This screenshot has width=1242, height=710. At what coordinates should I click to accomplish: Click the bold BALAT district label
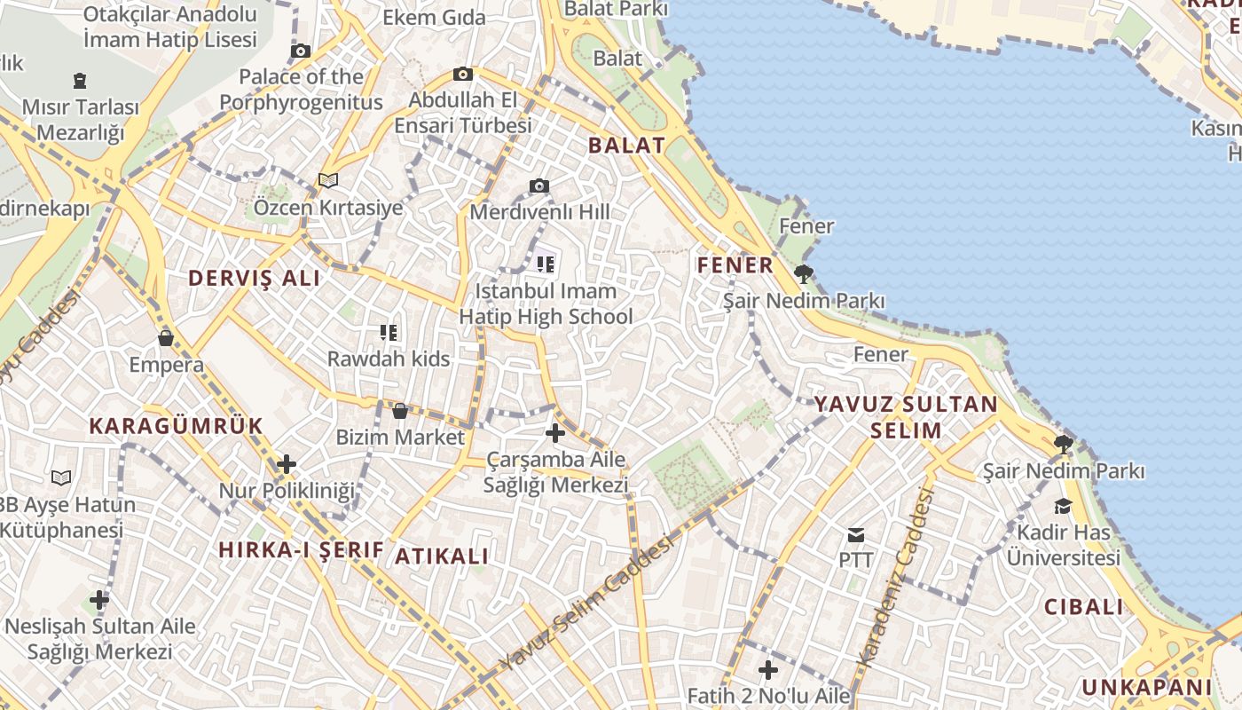(626, 146)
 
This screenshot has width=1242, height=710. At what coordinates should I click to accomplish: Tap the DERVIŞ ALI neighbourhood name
(254, 278)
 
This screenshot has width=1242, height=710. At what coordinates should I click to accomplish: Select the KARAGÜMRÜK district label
(176, 426)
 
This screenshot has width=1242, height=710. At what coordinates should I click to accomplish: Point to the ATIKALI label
(442, 556)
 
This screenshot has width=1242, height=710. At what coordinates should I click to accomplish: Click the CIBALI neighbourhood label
(1083, 607)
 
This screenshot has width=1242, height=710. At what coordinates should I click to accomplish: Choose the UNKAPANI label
(1146, 687)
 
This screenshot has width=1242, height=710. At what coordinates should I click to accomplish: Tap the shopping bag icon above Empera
(166, 338)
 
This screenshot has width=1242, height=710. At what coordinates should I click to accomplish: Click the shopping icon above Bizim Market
(400, 411)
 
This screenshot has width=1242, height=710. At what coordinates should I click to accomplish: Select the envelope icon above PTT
(856, 534)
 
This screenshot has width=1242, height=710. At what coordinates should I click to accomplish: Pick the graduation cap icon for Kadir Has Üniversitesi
(1062, 507)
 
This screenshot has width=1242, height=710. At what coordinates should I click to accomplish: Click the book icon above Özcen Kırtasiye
(328, 181)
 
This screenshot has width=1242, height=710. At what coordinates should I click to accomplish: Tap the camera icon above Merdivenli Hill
(539, 186)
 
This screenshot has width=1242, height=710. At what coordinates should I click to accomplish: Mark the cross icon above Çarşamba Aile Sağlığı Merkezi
(555, 433)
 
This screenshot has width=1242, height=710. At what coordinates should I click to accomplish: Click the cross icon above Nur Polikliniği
(287, 464)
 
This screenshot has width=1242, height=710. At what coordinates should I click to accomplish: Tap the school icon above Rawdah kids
(389, 333)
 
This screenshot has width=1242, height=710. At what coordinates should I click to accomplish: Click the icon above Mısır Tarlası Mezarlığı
(81, 81)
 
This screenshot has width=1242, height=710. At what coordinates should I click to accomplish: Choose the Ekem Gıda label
(434, 18)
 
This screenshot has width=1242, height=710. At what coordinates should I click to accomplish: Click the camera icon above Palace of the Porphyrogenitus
(301, 51)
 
